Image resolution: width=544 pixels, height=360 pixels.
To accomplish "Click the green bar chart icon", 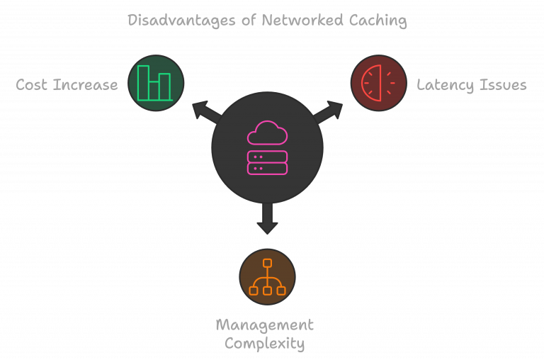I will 155,83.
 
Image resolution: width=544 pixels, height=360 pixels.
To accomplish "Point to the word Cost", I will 33,85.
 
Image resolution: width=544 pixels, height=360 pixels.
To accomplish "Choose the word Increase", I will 86,85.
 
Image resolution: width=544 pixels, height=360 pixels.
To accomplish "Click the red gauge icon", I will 379,83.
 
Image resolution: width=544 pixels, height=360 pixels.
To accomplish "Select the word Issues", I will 503,85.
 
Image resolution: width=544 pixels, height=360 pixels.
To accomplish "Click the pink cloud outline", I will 267,133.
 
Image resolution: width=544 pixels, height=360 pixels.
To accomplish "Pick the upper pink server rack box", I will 267,157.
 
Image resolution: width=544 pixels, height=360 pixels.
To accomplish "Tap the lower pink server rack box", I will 267,169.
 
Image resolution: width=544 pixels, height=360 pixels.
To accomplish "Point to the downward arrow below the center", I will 267,219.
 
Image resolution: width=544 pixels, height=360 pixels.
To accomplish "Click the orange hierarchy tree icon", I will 267,277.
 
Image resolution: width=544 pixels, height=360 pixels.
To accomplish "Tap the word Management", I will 264,325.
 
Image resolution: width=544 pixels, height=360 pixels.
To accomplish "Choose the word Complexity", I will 264,344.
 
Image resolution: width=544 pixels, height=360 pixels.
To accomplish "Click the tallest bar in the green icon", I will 143,82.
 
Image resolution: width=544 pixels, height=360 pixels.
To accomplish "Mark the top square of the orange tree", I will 267,264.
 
